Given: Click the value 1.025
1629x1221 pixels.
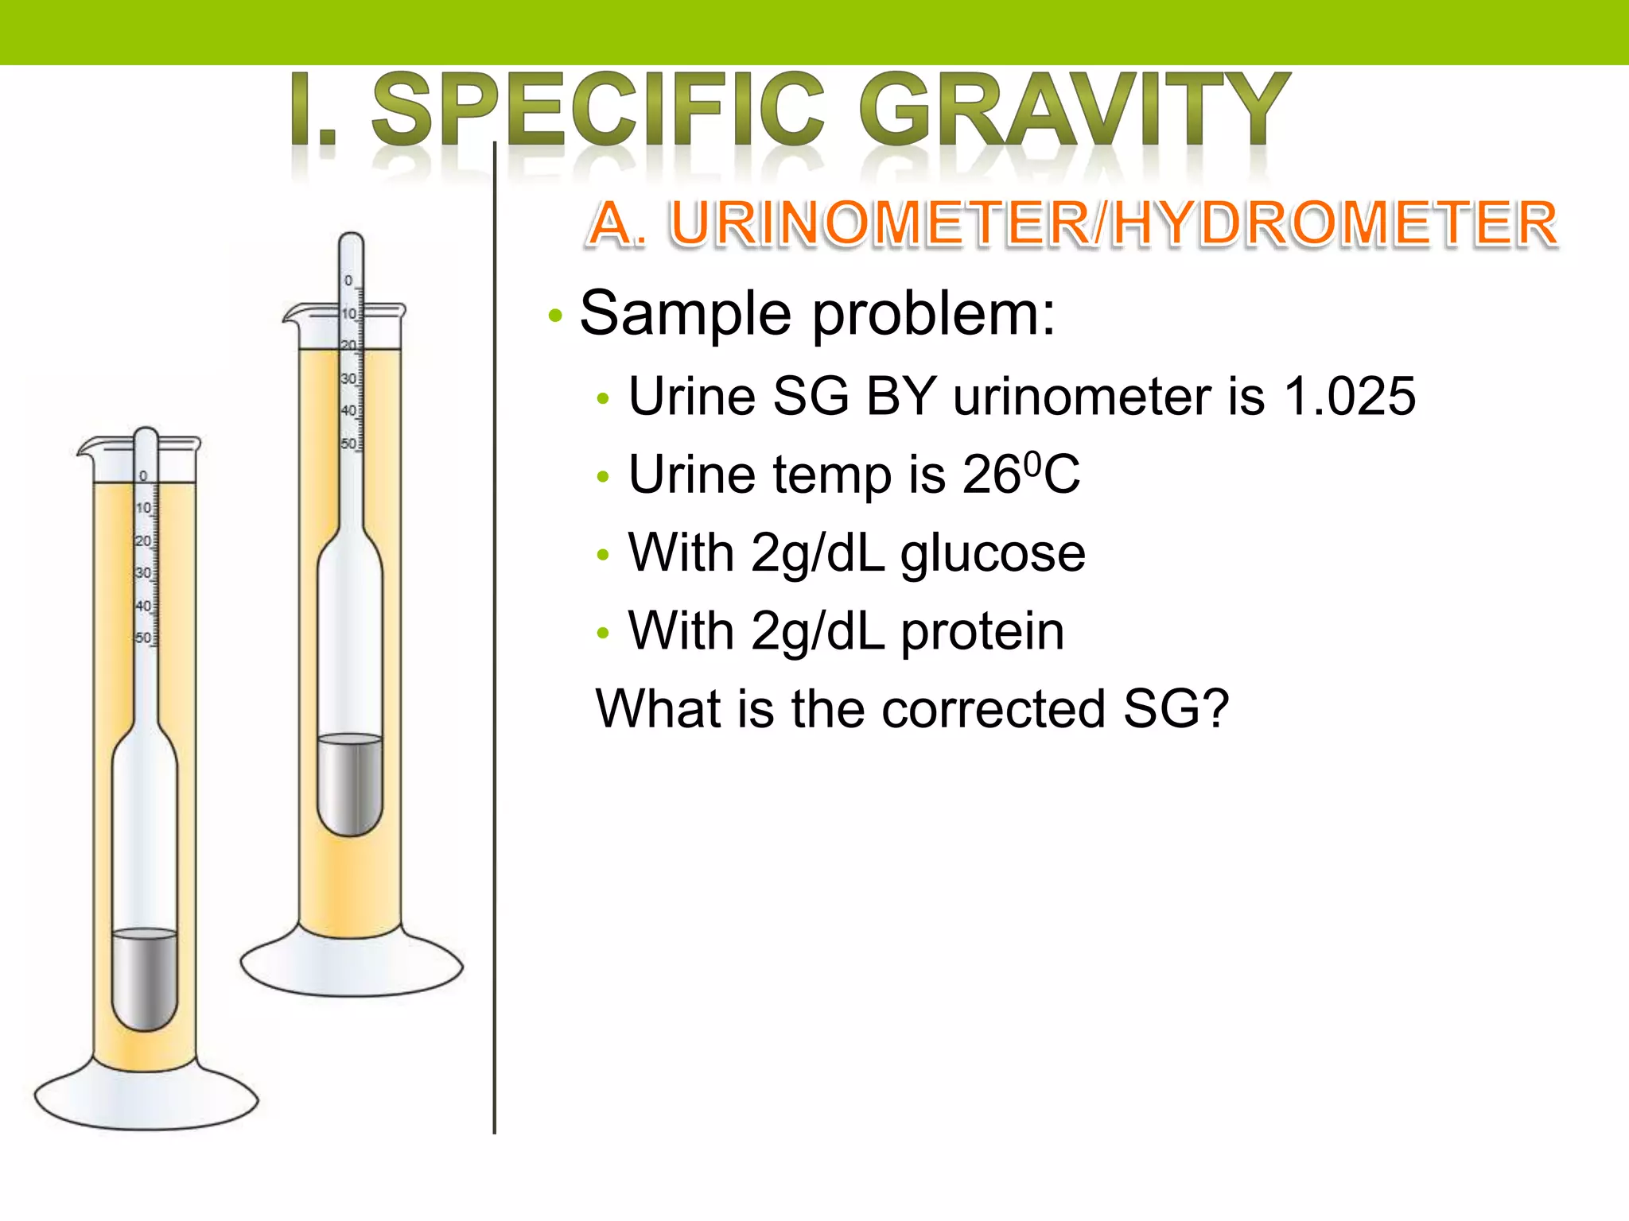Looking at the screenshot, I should pos(1349,396).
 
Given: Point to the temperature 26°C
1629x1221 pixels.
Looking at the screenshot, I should pos(1021,475).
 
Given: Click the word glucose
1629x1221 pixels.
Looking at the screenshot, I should pos(993,552).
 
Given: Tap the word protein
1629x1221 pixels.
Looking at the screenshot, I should pos(982,631).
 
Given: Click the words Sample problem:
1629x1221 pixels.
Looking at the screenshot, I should pos(817,313).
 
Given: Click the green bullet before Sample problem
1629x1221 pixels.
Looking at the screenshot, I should pos(555,316).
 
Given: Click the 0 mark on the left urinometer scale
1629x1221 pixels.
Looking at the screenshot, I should pos(143,476).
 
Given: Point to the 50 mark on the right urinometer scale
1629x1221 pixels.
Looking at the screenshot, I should pos(348,444).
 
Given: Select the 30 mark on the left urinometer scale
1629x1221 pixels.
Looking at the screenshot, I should pos(143,572).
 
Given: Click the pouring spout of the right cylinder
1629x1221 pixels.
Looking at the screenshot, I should pos(291,315).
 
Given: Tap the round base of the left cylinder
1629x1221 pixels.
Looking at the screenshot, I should pos(146,1101).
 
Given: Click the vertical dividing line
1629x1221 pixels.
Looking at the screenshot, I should pos(494,636).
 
